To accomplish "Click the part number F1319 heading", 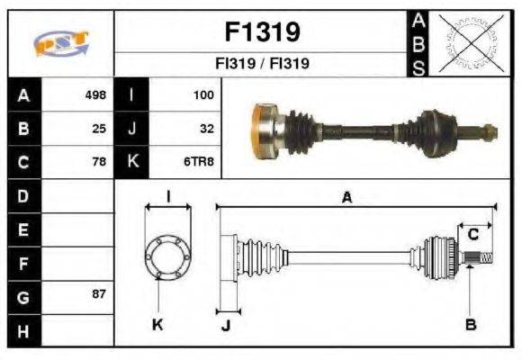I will click(x=262, y=32).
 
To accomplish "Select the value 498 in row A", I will click(x=95, y=94).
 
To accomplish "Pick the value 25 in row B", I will click(x=99, y=128).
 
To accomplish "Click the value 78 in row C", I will click(x=99, y=162).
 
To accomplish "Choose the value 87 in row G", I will click(x=99, y=294).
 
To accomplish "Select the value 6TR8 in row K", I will click(x=199, y=162).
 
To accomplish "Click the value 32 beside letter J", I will click(x=206, y=128).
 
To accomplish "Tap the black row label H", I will click(x=23, y=330).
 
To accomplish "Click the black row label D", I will click(x=23, y=195).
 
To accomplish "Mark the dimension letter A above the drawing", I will click(x=346, y=198).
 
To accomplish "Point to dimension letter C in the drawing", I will click(x=472, y=235).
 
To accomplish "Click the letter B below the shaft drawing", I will click(x=470, y=325).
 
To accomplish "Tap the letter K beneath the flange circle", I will click(x=157, y=325).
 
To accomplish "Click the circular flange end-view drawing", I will click(x=168, y=256).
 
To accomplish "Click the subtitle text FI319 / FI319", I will click(x=262, y=65).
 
